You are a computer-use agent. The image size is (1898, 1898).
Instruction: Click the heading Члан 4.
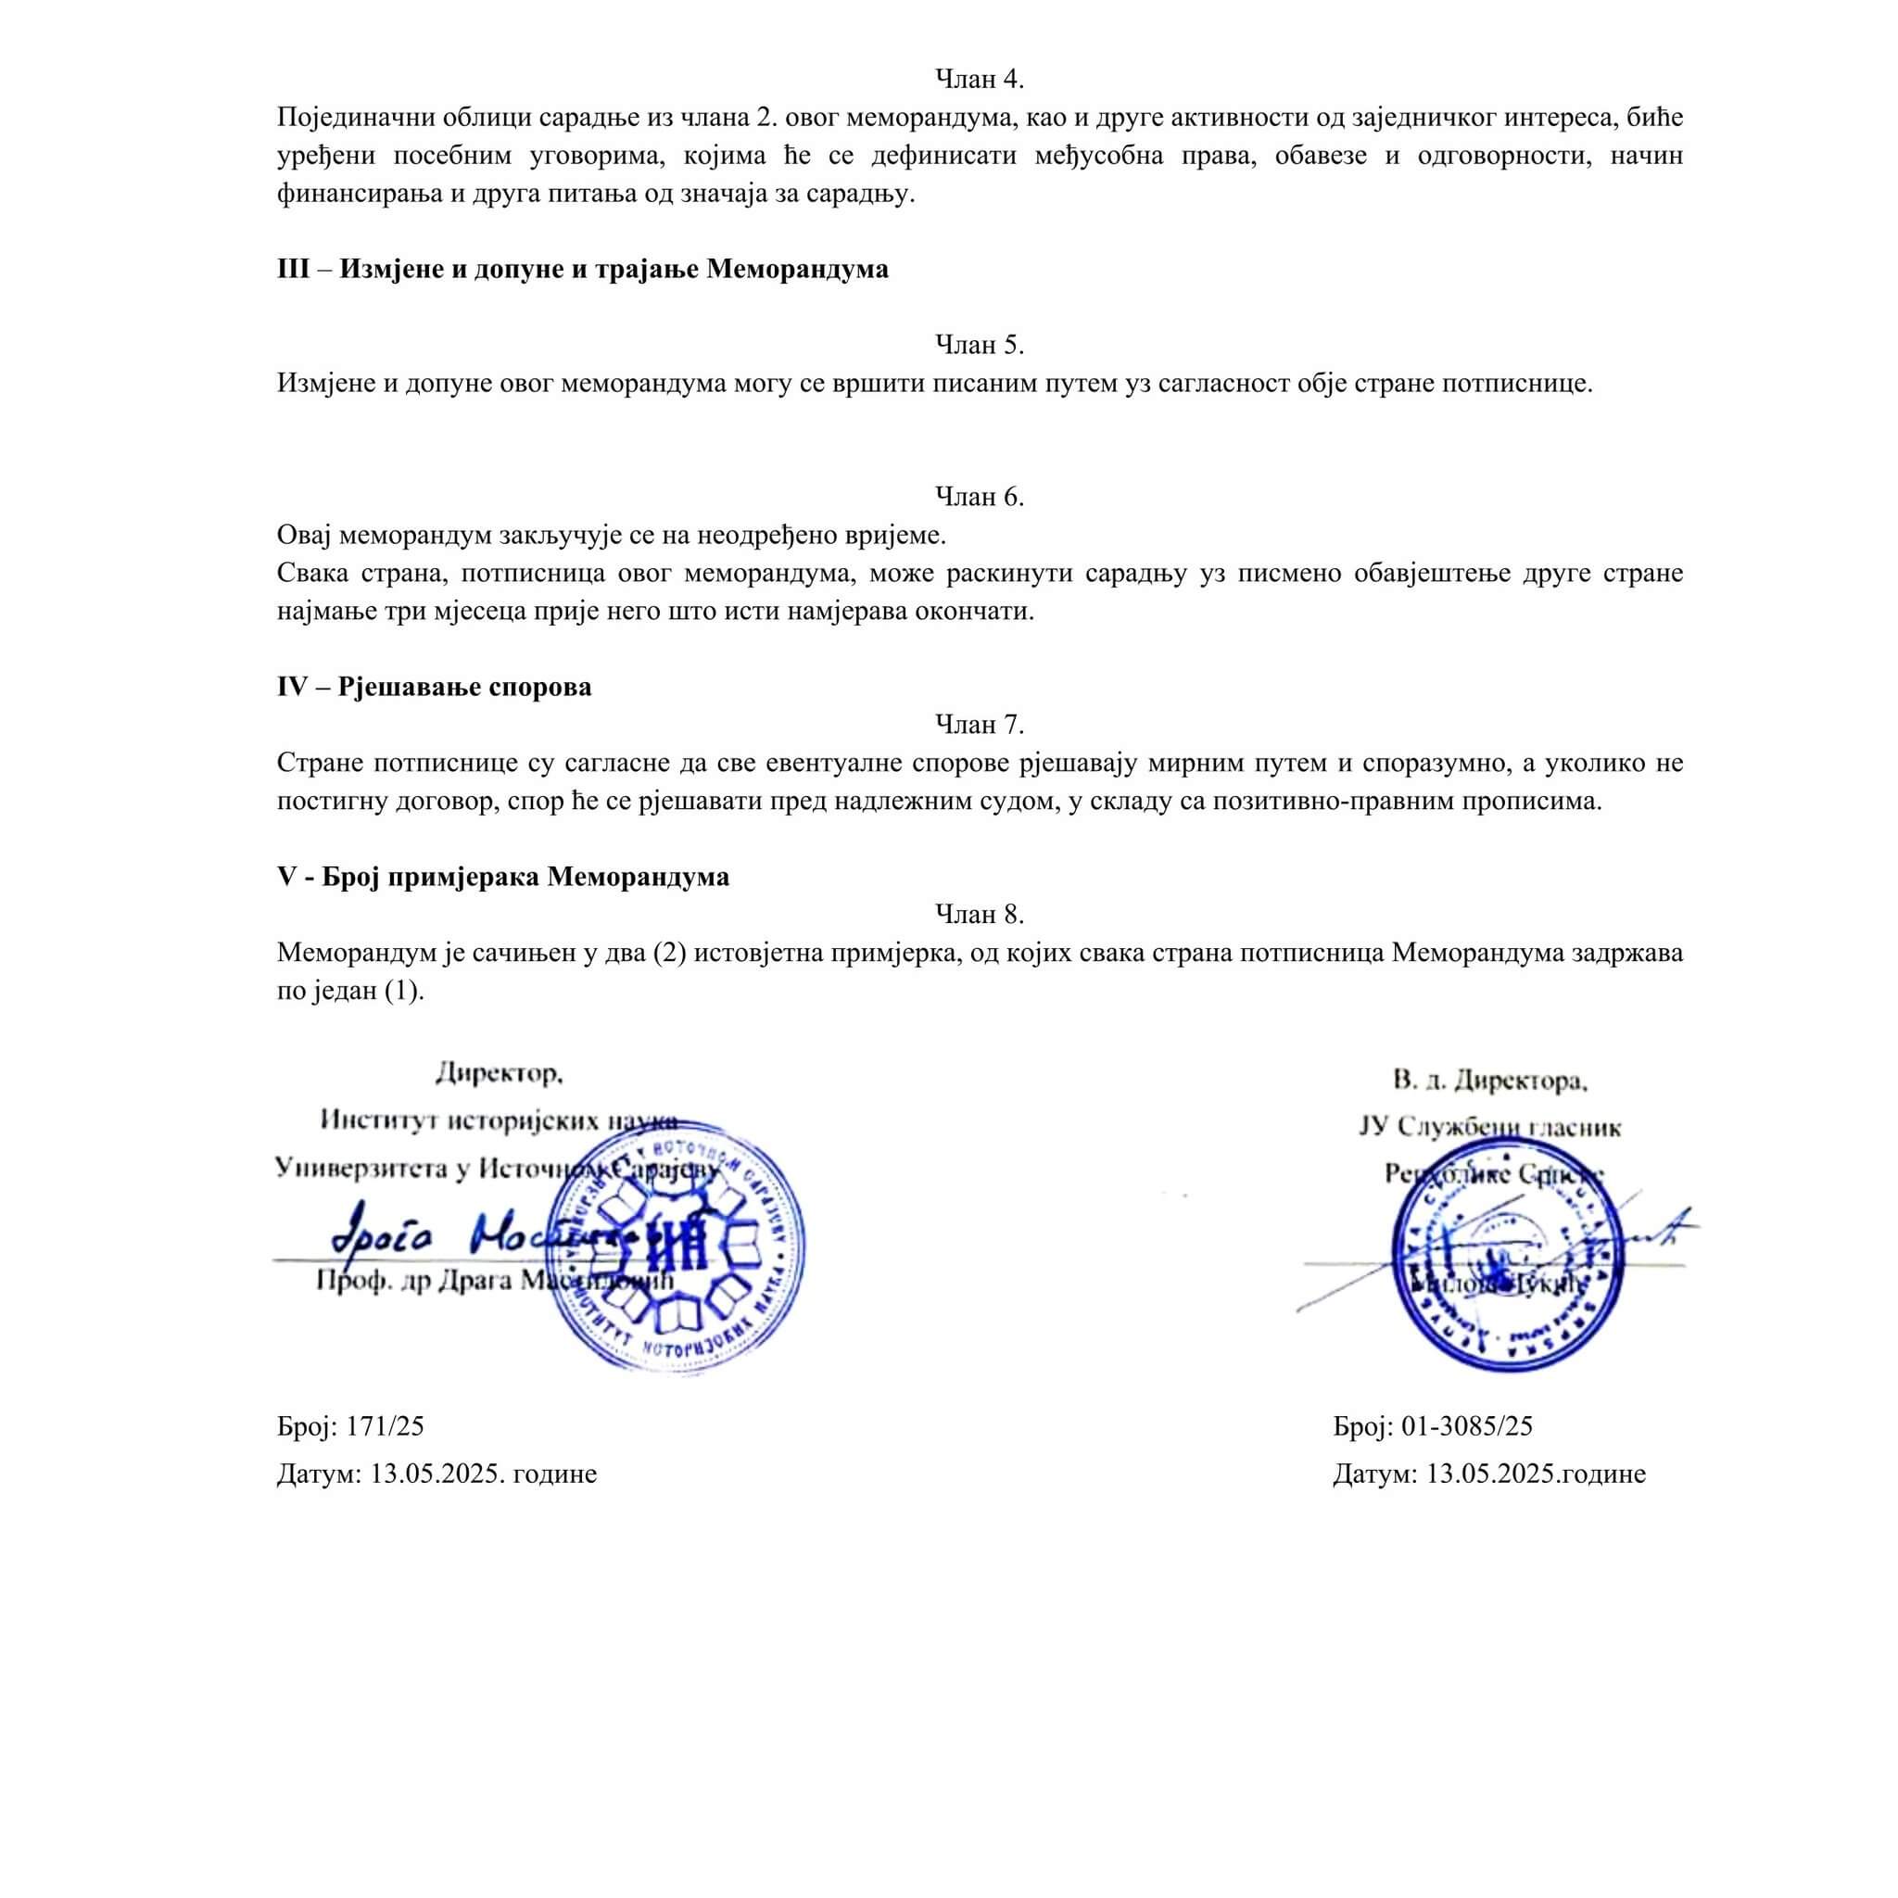click(979, 80)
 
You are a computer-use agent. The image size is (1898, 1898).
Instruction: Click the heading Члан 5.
click(979, 345)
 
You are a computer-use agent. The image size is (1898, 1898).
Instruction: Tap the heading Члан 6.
click(979, 497)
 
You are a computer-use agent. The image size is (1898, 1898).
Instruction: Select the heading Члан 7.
click(979, 725)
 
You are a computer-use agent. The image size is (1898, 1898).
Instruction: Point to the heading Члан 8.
click(979, 915)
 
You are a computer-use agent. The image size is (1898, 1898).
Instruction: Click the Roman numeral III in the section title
click(293, 269)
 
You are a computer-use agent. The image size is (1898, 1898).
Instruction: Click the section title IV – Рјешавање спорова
click(435, 687)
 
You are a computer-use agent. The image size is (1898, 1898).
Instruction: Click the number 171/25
click(386, 1426)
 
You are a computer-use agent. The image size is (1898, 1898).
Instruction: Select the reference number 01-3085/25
click(1467, 1426)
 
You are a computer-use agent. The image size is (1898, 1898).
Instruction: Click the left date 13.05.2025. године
click(482, 1474)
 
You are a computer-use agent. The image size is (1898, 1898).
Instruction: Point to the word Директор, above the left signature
click(500, 1073)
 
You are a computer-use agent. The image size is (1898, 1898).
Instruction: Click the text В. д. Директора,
click(1489, 1082)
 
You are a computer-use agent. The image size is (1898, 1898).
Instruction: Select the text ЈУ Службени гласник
click(1489, 1128)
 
